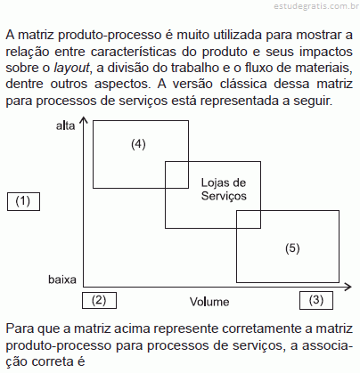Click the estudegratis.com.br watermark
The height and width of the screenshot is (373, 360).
(x=316, y=6)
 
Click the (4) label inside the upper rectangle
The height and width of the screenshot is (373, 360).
(x=138, y=144)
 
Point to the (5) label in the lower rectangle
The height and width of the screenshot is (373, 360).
(x=292, y=248)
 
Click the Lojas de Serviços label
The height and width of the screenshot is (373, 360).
(x=224, y=190)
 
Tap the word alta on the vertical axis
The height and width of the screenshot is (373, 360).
(x=66, y=126)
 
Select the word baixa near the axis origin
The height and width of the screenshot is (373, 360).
(x=62, y=280)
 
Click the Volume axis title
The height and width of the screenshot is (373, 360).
(x=209, y=302)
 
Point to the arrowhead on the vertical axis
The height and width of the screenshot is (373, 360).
(x=84, y=119)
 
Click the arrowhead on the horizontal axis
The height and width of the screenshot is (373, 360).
(x=348, y=287)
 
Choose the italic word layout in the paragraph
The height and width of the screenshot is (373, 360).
(x=71, y=68)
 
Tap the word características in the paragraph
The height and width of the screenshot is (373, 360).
(x=135, y=52)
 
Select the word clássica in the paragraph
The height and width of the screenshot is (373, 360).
(x=243, y=84)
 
